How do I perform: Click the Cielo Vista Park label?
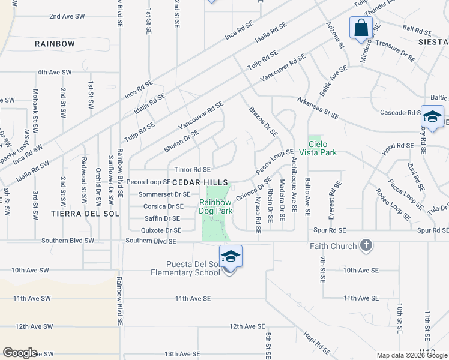[x=322, y=148]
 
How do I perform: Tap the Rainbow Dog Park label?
[x=215, y=207]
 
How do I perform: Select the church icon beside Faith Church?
[x=366, y=245]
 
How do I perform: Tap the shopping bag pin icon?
[x=361, y=28]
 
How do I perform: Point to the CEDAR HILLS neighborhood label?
[x=200, y=182]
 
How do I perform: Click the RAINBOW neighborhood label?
[x=55, y=44]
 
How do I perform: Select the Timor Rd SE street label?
[x=192, y=170]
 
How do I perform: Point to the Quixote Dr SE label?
[x=160, y=230]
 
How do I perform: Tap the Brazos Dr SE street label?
[x=263, y=121]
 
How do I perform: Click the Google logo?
[x=20, y=353]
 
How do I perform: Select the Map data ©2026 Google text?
[x=412, y=355]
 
